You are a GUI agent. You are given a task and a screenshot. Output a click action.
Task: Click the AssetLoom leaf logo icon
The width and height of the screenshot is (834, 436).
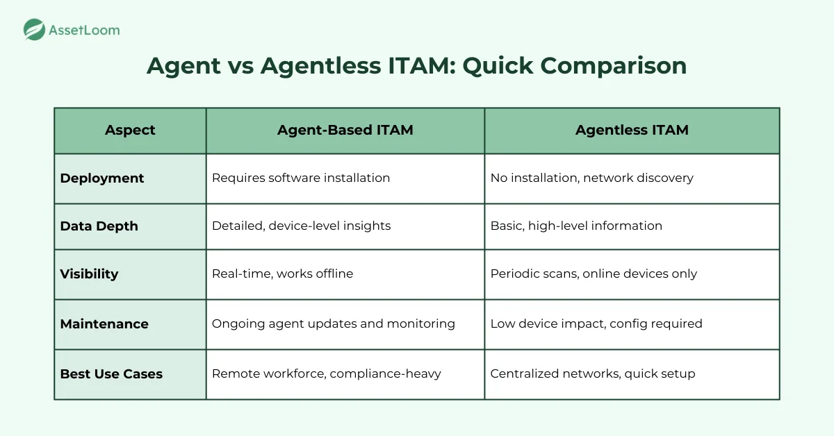tap(34, 29)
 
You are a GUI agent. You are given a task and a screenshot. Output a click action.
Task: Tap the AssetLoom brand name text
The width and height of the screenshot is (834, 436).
tap(84, 30)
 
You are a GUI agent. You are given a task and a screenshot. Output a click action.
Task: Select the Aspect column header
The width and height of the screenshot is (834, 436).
tap(130, 130)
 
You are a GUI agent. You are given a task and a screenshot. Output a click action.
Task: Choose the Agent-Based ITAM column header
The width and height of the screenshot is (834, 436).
tap(345, 130)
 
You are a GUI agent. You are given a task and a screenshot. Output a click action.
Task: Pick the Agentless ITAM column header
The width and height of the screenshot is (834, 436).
tap(632, 130)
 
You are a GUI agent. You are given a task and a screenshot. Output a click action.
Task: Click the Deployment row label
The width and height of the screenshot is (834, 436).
tap(102, 178)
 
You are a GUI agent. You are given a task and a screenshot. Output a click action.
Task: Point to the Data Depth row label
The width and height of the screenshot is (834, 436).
tap(99, 226)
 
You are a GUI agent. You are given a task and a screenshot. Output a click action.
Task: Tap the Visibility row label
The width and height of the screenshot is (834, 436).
tap(89, 274)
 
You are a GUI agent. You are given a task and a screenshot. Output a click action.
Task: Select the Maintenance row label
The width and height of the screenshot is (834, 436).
tap(104, 324)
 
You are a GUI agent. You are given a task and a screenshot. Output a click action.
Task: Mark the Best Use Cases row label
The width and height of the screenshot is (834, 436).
tap(111, 374)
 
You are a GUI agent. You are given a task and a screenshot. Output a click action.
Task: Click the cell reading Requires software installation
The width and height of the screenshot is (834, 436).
tap(301, 178)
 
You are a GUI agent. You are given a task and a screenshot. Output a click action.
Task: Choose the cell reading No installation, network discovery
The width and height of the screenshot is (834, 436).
tap(592, 178)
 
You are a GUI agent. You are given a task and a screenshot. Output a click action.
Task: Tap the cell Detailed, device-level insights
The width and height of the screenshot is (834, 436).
tap(302, 226)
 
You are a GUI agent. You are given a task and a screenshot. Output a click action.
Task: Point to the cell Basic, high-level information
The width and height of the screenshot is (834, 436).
tap(576, 226)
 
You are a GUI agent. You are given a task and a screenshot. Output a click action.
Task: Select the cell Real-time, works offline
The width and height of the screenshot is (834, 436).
tap(283, 274)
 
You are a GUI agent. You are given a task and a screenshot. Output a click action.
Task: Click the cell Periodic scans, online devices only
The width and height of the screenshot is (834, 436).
tap(594, 274)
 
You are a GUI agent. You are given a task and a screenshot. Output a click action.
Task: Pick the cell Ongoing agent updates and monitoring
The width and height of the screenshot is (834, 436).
tap(334, 324)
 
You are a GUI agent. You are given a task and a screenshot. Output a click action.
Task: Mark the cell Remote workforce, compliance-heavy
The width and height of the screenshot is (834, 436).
tap(327, 374)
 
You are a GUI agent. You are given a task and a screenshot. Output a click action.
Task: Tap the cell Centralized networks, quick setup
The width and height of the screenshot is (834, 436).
tap(593, 374)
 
